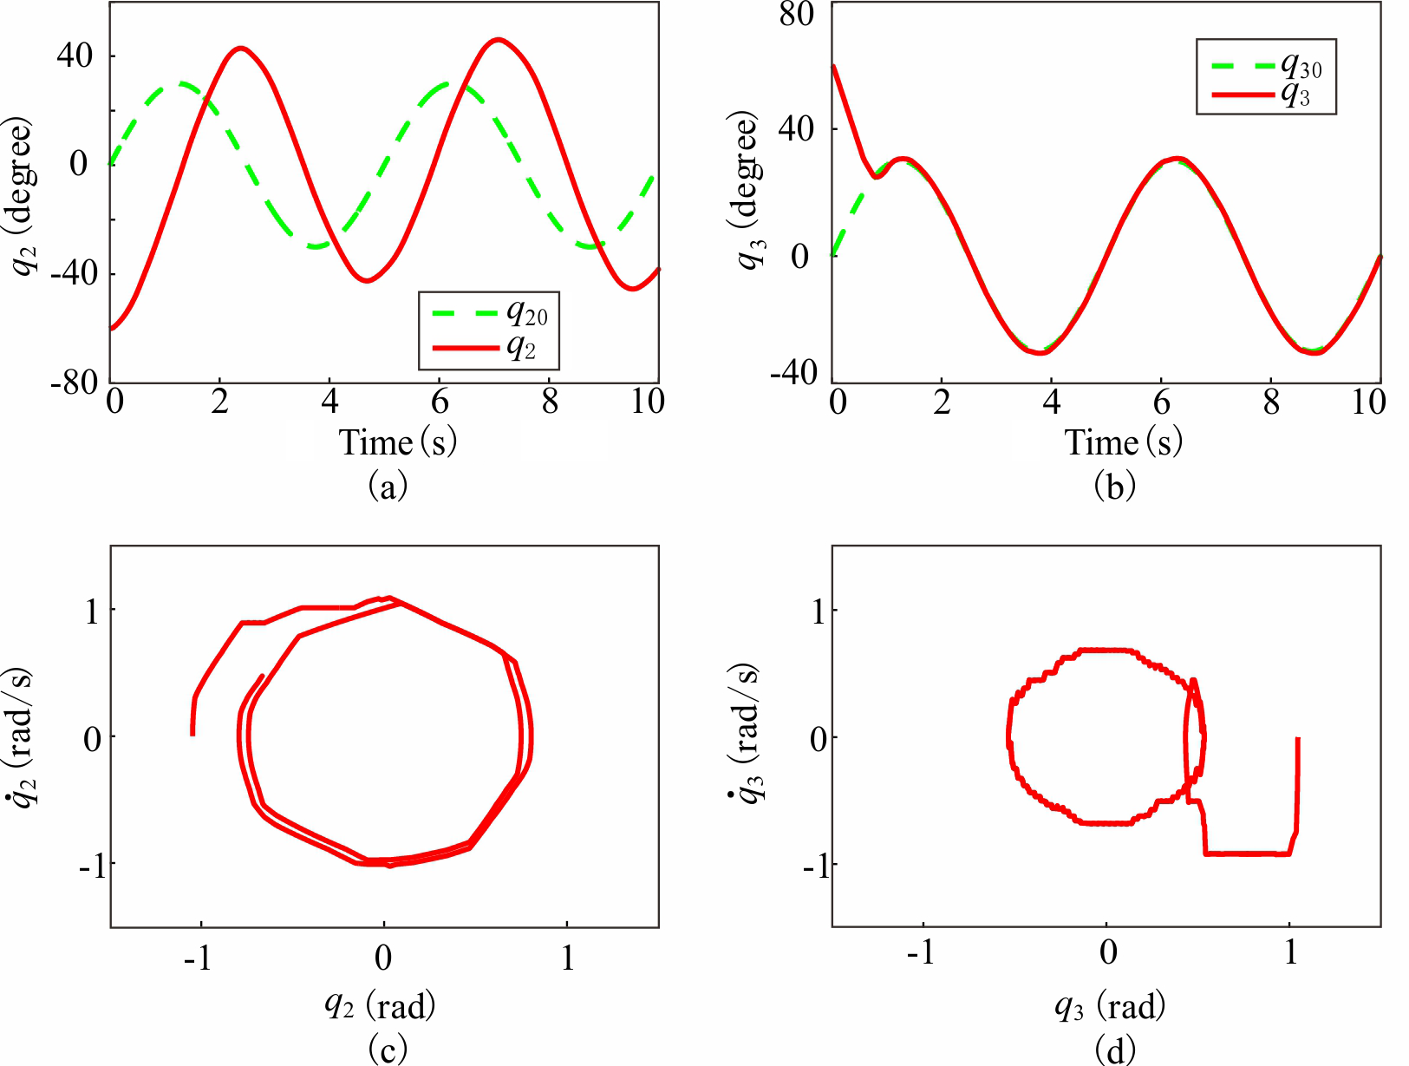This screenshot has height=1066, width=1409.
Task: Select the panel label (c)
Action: click(387, 1049)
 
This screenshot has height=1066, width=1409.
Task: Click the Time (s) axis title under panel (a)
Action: click(397, 443)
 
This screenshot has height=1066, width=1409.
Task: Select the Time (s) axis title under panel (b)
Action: click(1123, 443)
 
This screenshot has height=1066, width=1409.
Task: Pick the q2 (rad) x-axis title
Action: click(380, 1005)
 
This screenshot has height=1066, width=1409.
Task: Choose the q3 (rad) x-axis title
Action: click(1110, 1006)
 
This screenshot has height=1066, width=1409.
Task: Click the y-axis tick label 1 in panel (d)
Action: click(818, 611)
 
